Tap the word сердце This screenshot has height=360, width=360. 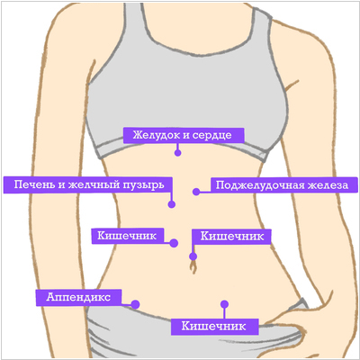point(211,136)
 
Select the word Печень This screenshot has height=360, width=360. point(34,184)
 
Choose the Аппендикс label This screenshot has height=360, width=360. point(78,297)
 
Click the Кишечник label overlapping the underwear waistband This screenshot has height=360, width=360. point(214,327)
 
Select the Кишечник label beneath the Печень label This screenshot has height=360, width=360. point(128,236)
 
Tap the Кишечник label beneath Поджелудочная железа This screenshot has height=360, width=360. point(231,237)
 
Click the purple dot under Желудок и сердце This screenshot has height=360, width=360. point(177,153)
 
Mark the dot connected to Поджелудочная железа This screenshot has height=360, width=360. point(196,192)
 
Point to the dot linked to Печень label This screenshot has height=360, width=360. point(172,204)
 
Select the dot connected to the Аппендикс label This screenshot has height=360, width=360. point(135,304)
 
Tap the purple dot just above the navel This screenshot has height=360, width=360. point(193,256)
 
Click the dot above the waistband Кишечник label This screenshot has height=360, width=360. point(224,304)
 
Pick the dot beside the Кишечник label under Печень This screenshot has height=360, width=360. point(174,243)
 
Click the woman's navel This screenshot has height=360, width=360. point(193,266)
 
